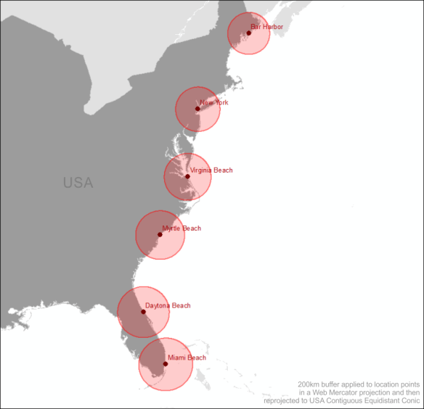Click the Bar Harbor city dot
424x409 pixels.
pyautogui.click(x=248, y=33)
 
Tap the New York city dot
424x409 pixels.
pyautogui.click(x=197, y=109)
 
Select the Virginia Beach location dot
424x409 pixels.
pyautogui.click(x=187, y=176)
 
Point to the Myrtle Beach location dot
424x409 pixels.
pyautogui.click(x=160, y=234)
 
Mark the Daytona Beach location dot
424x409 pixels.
pyautogui.click(x=143, y=312)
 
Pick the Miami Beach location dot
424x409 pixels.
pyautogui.click(x=165, y=364)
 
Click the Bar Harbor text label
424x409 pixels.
pyautogui.click(x=266, y=26)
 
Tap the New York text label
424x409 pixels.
pyautogui.click(x=214, y=102)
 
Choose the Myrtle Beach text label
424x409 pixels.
pyautogui.click(x=182, y=228)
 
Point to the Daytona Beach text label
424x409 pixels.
pyautogui.click(x=168, y=305)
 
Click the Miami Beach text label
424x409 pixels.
pyautogui.click(x=187, y=358)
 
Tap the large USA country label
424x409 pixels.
pyautogui.click(x=78, y=183)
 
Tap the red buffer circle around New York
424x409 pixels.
pyautogui.click(x=186, y=120)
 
